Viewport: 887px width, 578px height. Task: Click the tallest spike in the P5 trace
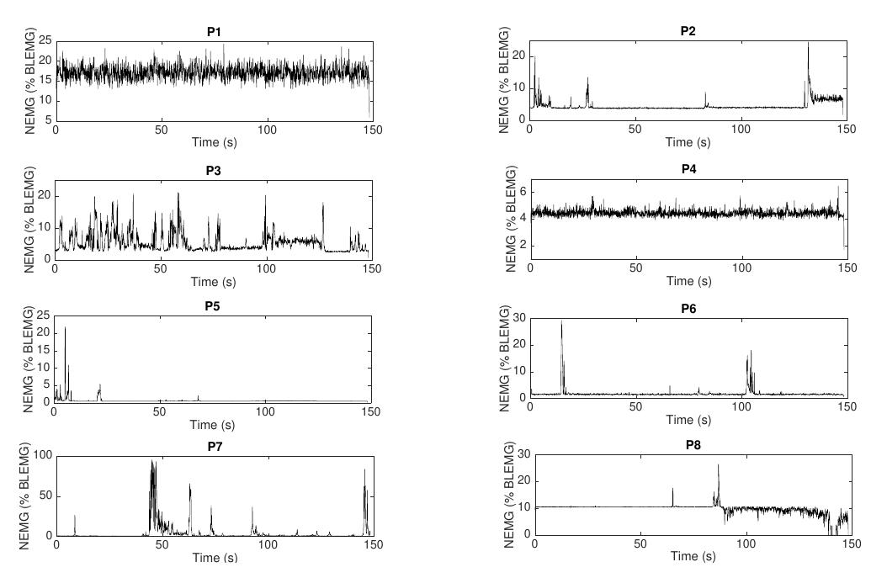65,328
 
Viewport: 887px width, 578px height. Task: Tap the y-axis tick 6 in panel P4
522,192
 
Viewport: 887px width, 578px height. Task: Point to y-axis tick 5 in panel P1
45,122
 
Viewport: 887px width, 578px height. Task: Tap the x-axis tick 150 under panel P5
371,411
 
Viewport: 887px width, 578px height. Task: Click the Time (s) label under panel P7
214,558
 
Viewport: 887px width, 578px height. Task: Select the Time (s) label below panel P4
688,281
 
